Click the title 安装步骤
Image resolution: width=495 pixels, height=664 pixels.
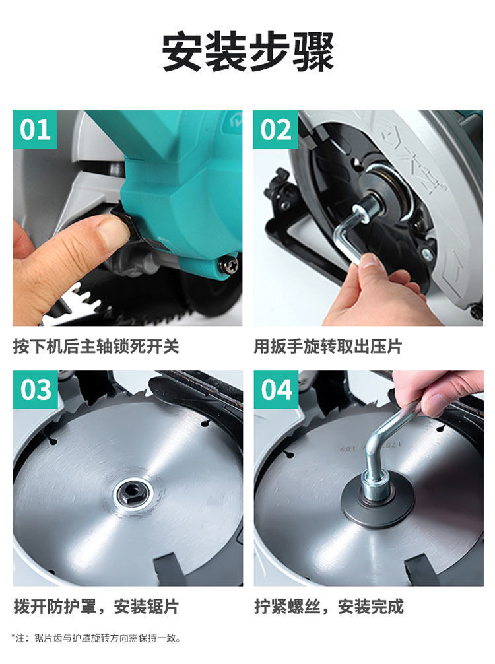point(247,53)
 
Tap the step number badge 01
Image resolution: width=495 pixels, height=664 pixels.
point(35,129)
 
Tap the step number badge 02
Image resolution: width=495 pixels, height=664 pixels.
point(275,129)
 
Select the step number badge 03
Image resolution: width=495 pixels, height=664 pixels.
point(35,389)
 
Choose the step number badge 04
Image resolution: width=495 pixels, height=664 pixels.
point(276,389)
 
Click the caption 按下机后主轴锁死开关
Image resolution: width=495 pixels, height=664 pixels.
point(96,347)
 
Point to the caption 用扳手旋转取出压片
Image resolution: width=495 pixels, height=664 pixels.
point(328,347)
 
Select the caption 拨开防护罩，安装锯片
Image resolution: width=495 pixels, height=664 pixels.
point(96,607)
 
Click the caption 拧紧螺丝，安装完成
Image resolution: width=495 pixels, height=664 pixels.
point(329,607)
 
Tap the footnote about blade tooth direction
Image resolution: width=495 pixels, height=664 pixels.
point(96,638)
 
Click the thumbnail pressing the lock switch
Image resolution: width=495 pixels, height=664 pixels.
point(127,218)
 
